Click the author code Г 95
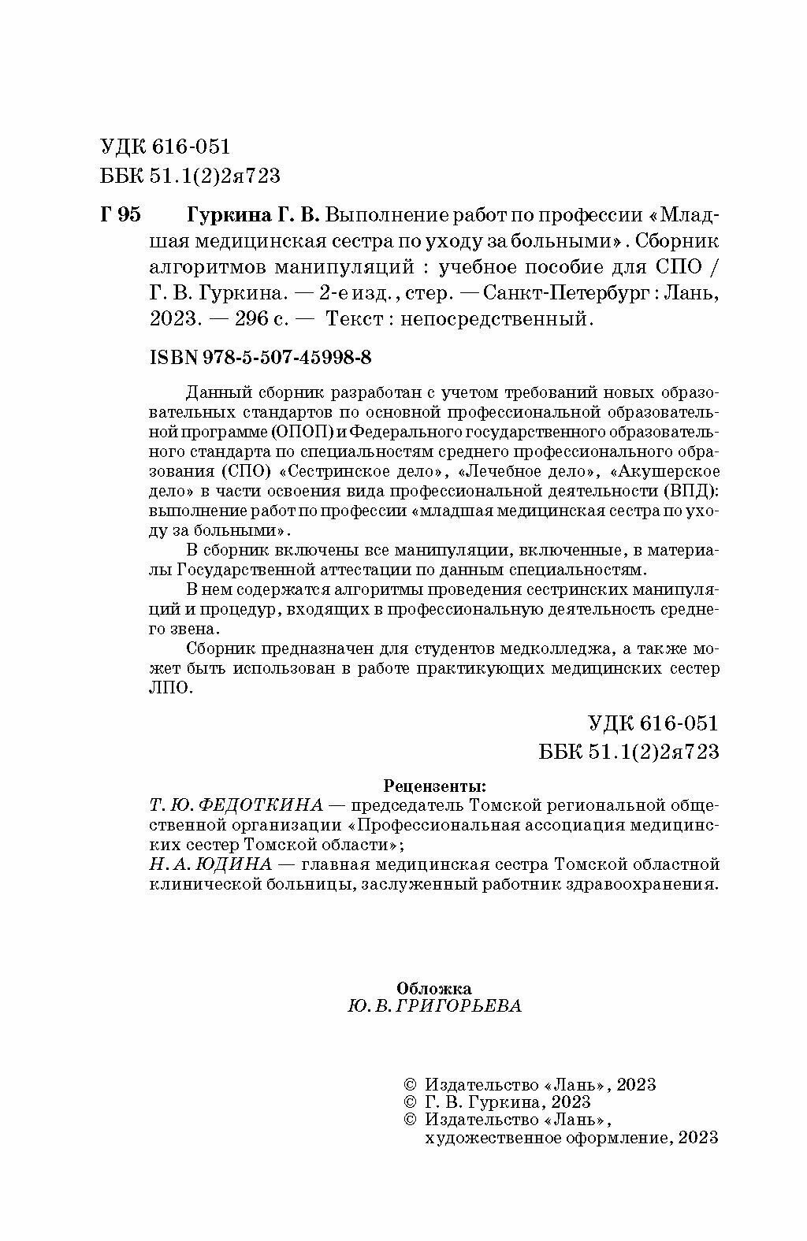tap(121, 214)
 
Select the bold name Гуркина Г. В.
tap(253, 214)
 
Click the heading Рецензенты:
tap(434, 786)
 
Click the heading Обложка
tap(434, 988)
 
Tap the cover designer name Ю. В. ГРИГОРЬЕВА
tap(433, 1007)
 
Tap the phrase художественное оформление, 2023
tap(571, 1137)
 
